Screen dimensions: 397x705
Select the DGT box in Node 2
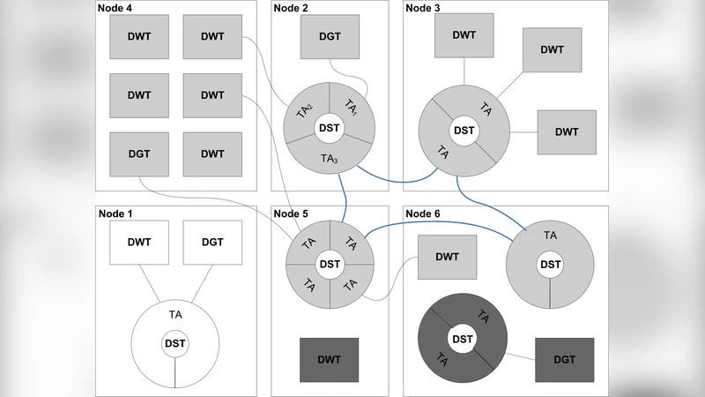point(330,36)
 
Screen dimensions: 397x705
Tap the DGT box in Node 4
point(138,154)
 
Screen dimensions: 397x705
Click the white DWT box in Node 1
point(138,242)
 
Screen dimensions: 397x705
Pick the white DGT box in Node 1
point(212,242)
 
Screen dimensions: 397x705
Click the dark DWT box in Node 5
point(330,360)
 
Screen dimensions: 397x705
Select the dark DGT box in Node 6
point(565,360)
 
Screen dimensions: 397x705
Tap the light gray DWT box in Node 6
point(447,257)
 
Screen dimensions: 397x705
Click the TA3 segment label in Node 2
point(330,159)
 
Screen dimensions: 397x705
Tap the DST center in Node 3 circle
point(464,131)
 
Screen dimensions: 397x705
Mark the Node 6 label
point(423,213)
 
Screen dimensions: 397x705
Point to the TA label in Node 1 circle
point(175,313)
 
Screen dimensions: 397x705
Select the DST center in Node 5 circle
point(330,264)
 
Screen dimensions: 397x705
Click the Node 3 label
point(423,8)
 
